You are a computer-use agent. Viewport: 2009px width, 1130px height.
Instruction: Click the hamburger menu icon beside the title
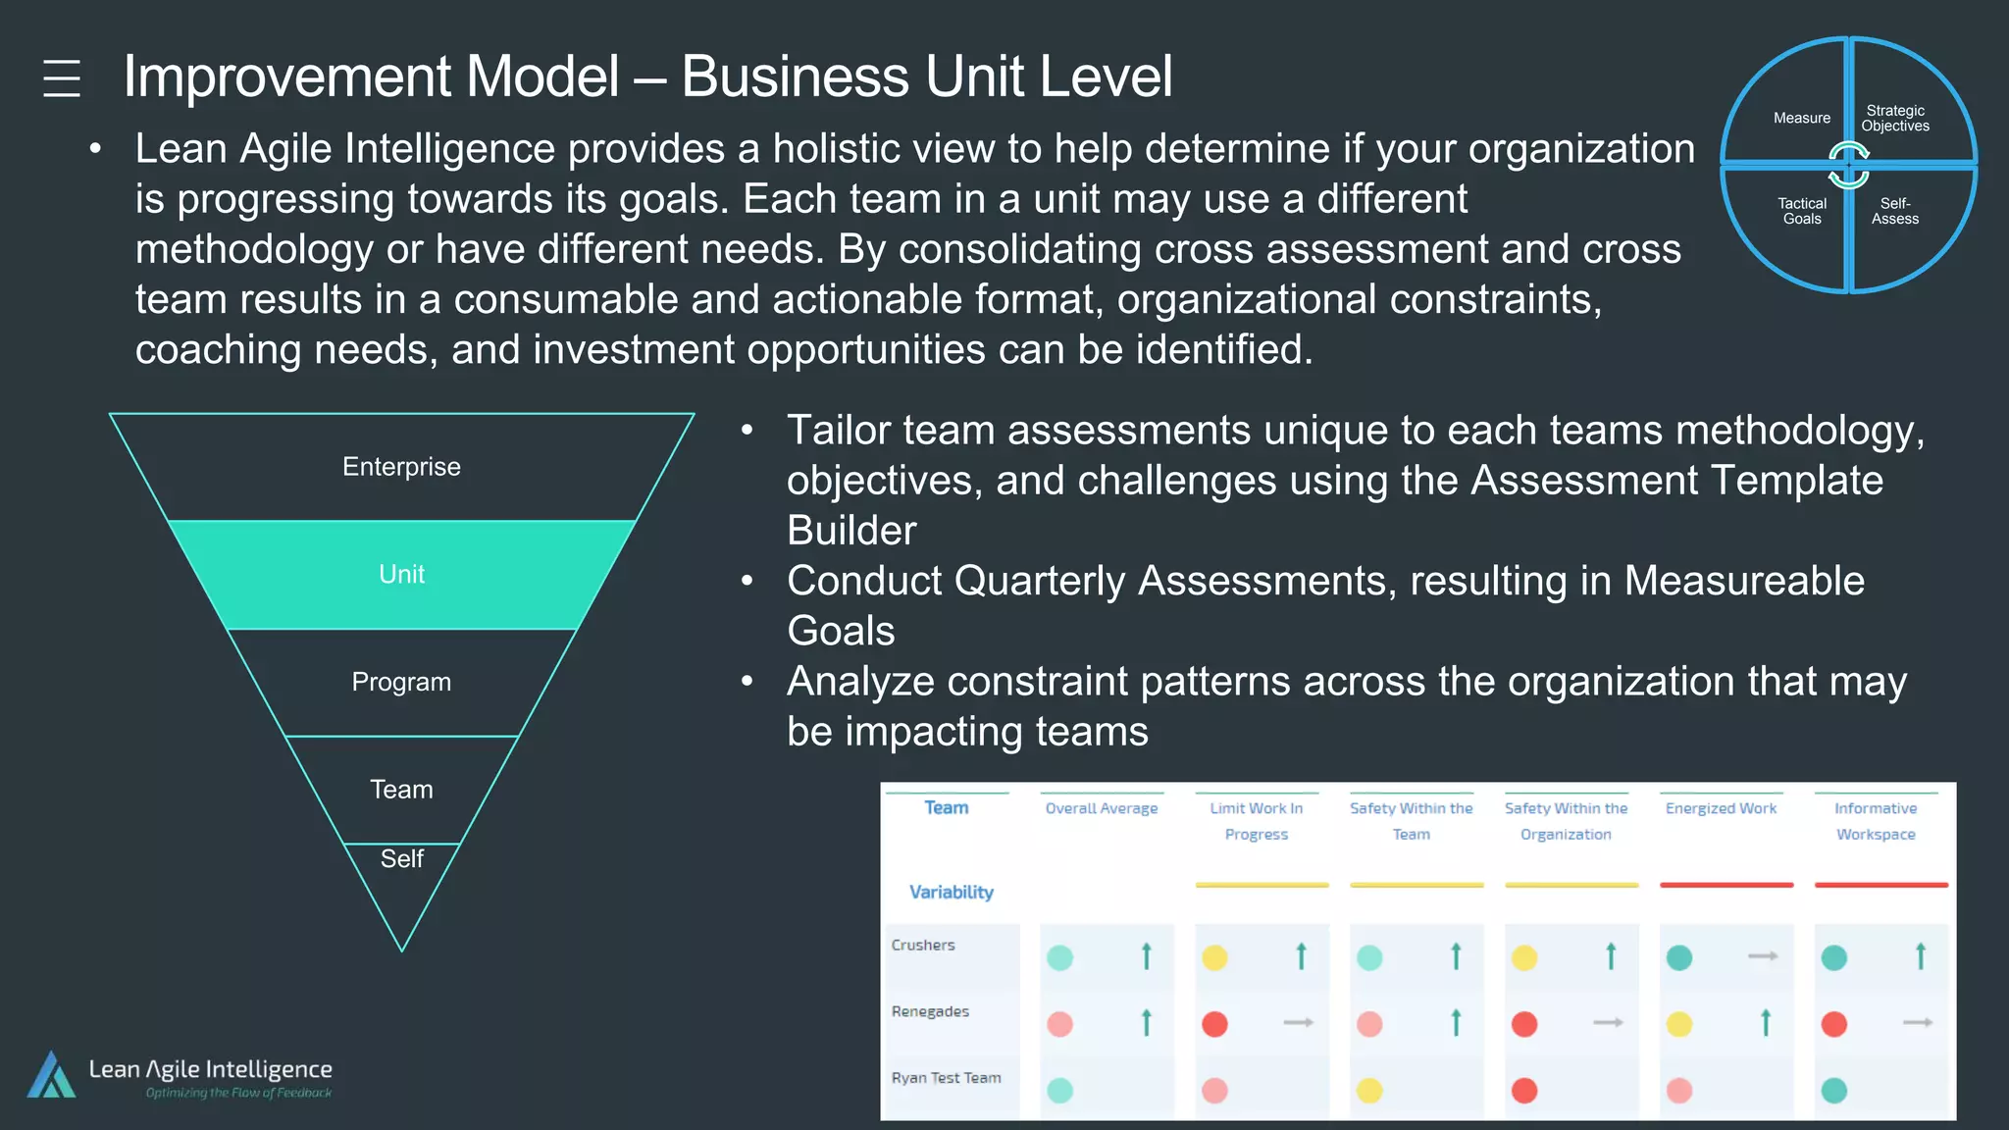[62, 77]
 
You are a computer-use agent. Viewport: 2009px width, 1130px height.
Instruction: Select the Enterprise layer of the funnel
[401, 467]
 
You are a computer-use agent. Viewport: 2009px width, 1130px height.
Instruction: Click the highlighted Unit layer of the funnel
[401, 574]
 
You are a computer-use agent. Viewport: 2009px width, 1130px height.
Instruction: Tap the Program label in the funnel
[401, 682]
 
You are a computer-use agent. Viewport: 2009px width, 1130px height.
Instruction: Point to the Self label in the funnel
[401, 859]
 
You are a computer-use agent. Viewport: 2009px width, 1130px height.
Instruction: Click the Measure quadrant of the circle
[1801, 118]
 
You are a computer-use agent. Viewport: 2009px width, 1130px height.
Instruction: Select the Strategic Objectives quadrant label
[1894, 119]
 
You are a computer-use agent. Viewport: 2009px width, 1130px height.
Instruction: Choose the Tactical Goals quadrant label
[1801, 211]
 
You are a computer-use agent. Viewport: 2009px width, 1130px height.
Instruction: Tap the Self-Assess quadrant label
[1894, 211]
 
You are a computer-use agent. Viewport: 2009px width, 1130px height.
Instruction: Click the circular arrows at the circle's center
[1848, 165]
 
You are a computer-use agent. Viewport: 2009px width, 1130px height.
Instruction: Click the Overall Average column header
[1101, 808]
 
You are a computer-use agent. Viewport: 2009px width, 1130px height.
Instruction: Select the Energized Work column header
[1721, 808]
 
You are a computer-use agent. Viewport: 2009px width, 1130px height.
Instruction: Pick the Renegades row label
[930, 1011]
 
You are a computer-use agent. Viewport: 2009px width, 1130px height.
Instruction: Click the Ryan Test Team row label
[946, 1078]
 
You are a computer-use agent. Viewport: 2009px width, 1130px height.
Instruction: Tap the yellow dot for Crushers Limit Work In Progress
[1214, 957]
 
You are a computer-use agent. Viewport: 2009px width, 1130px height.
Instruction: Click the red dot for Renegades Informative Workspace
[1833, 1024]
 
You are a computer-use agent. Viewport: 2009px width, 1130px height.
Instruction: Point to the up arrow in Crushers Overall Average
[1146, 955]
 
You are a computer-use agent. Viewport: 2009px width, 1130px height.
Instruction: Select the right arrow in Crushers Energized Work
[1763, 955]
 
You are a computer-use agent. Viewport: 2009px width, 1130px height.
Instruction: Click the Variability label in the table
[951, 892]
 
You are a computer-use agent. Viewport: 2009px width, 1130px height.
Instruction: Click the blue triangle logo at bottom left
[51, 1075]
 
